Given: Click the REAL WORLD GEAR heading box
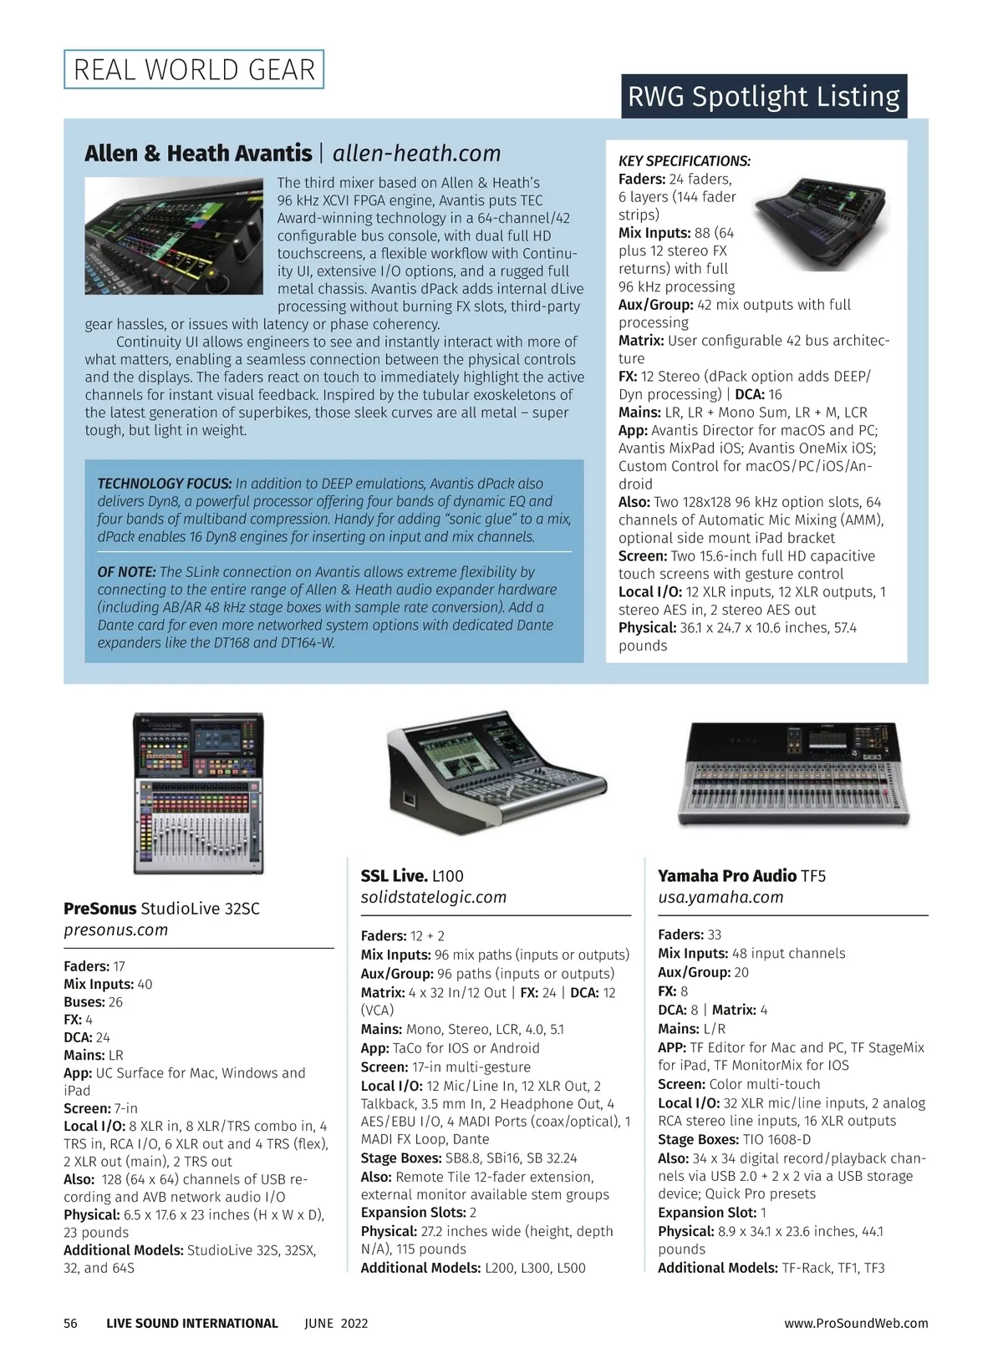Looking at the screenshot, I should tap(194, 69).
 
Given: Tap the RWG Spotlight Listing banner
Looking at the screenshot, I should tap(763, 97).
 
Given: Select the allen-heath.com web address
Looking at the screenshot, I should tap(416, 154).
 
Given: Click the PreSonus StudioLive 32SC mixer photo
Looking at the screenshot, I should tap(199, 793).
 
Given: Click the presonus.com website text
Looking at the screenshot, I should tap(115, 930).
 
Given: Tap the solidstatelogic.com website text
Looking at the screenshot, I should tap(433, 897).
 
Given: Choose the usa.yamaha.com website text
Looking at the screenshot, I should tap(720, 897).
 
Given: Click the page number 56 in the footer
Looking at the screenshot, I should tap(70, 1323).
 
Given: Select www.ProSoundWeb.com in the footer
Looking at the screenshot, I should tap(856, 1323).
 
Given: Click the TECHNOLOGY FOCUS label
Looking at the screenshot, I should tap(164, 484).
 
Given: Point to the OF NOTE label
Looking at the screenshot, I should tap(126, 572).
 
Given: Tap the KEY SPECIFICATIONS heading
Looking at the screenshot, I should tap(684, 161).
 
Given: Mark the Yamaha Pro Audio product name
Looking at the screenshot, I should tap(726, 876).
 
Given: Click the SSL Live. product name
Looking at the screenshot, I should tap(394, 876).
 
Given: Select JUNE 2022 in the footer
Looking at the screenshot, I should tap(336, 1323).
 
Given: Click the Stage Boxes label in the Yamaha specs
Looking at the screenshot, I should tap(698, 1139).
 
